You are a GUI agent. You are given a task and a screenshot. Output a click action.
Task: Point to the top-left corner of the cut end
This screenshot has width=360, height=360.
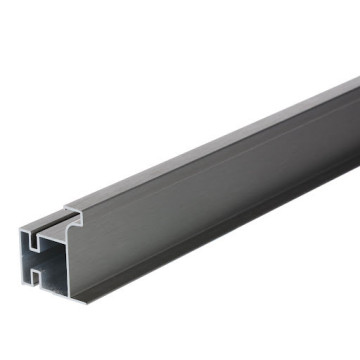coord(21,229)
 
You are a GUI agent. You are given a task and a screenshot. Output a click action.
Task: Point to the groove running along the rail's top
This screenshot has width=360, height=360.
coord(150,180)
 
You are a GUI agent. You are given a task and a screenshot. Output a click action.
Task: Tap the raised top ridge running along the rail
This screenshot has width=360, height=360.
coord(200,150)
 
